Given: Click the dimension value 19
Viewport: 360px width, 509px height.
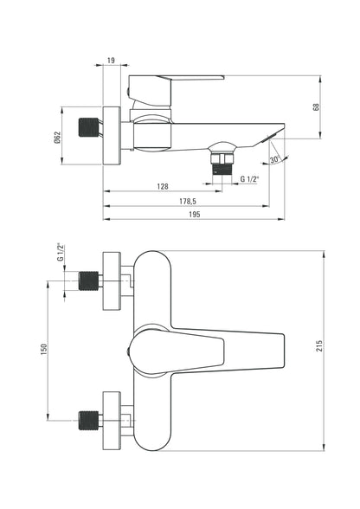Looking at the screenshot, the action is tap(111, 61).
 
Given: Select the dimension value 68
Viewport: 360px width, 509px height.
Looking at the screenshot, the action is tap(316, 106).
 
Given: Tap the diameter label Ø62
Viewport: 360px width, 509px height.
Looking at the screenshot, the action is tap(57, 138).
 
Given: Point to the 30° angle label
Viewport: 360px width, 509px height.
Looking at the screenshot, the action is tap(274, 159).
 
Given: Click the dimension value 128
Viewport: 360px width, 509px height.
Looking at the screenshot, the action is tap(163, 186).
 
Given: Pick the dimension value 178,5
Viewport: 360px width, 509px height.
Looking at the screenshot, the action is tap(188, 201).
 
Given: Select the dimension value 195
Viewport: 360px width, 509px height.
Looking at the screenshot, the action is tap(194, 215).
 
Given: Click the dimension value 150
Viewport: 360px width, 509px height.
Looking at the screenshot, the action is tap(44, 350).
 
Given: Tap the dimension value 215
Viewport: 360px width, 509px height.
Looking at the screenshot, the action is tap(319, 346).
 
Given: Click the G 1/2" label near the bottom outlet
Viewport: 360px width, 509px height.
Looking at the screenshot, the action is tap(250, 179).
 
